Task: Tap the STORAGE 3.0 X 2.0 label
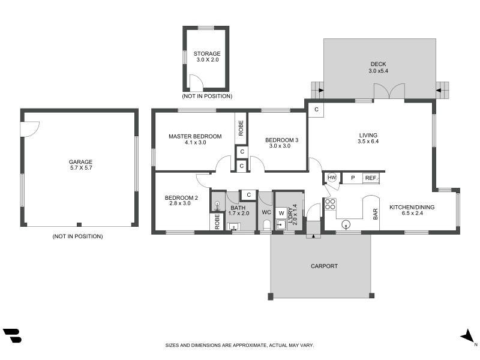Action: coord(207,56)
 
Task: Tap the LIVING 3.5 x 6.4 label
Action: coord(368,138)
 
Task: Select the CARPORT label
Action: coord(324,266)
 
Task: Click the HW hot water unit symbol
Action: coord(332,178)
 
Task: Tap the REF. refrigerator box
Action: coord(371,178)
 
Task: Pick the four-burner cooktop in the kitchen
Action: coord(330,204)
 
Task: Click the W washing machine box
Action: coord(281,213)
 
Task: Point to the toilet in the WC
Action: coord(266,224)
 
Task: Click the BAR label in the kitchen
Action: coord(376,214)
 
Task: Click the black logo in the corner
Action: coord(12,335)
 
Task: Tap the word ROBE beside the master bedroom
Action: coord(241,128)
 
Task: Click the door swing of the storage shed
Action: coord(196,82)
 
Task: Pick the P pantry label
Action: coord(353,178)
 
